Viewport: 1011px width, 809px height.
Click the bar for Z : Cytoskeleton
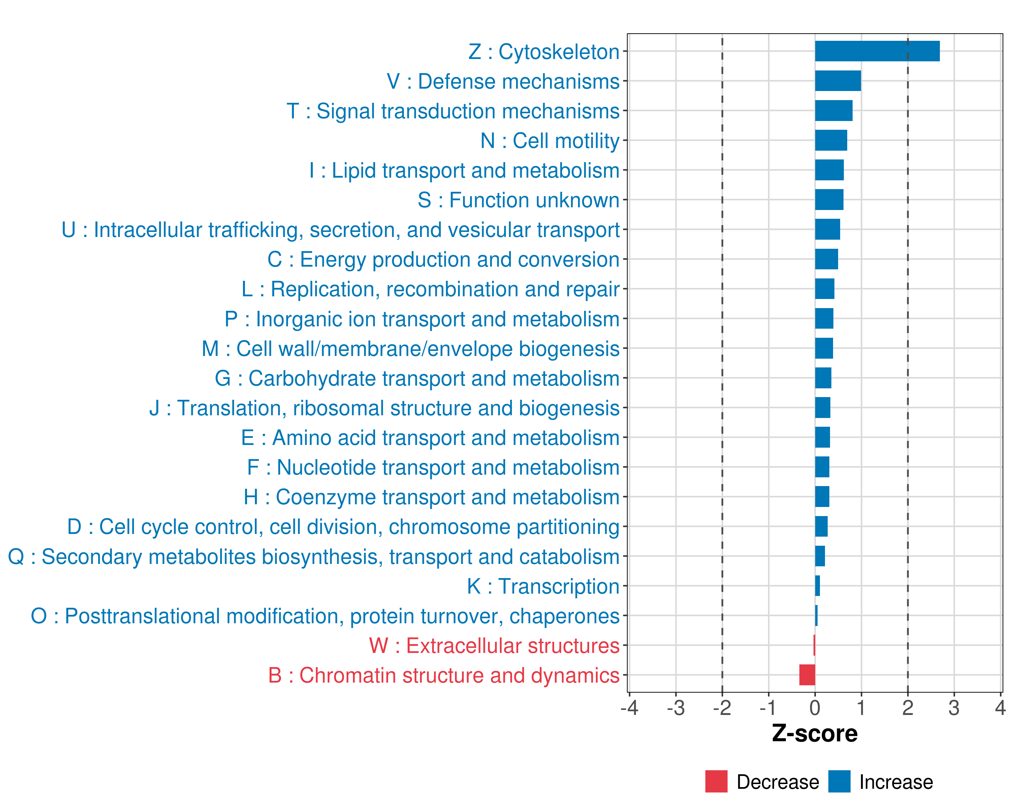pos(877,51)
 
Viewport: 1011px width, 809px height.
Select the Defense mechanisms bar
pos(837,81)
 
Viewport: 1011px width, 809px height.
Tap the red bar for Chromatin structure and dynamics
pos(807,675)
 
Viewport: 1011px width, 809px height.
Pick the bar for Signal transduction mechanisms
pos(833,111)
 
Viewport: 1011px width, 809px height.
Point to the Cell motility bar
pos(830,140)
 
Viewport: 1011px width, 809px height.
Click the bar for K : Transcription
pos(817,586)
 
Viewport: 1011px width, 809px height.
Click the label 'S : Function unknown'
pos(518,200)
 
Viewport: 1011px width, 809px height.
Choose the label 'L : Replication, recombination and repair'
pos(430,289)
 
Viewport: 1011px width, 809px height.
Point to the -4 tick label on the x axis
pos(629,708)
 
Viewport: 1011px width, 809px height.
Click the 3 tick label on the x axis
pos(954,708)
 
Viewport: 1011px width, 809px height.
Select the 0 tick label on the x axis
pos(815,708)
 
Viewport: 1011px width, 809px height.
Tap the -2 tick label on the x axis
pos(722,708)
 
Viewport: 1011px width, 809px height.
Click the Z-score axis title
pos(815,733)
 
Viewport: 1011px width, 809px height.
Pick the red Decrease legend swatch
pos(716,781)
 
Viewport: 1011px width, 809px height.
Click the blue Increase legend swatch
pos(839,781)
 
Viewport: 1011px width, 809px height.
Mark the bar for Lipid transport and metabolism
pos(829,170)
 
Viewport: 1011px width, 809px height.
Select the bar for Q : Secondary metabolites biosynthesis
pos(820,556)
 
